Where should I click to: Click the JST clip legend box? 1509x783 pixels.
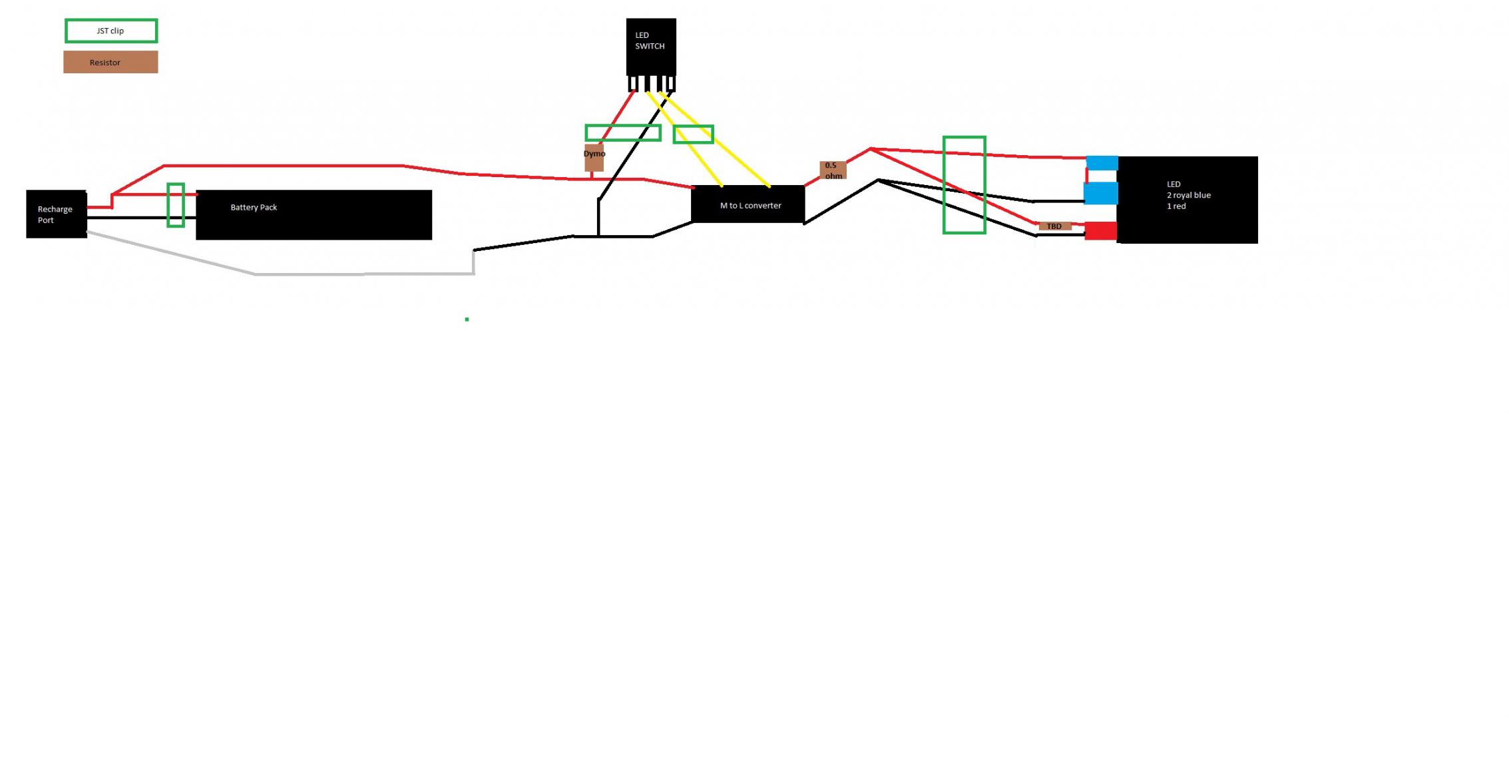[x=111, y=31]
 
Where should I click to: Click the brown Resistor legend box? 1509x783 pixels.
[x=110, y=63]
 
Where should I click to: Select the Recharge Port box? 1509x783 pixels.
[x=57, y=214]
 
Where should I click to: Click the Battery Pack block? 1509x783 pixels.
[x=314, y=215]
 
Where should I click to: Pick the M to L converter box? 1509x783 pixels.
[x=748, y=204]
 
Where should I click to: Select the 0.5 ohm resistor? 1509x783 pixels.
[x=832, y=170]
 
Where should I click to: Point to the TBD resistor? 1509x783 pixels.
[x=1054, y=226]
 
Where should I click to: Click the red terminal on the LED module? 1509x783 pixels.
[x=1100, y=231]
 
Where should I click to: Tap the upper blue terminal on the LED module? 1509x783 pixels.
[x=1102, y=163]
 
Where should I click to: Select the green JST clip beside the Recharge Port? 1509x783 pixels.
[x=176, y=205]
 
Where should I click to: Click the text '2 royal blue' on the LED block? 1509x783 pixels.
[x=1188, y=195]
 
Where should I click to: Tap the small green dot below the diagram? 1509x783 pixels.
[x=467, y=320]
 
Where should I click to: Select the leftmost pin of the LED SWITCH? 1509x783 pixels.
[x=632, y=84]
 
